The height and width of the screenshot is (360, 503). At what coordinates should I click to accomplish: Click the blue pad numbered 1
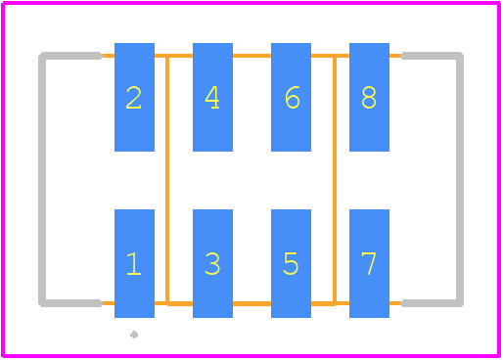(134, 263)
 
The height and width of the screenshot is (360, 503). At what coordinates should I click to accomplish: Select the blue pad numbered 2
(134, 97)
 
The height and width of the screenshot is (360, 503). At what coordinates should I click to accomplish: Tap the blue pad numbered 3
(212, 263)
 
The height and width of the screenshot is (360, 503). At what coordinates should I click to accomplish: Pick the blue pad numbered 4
(212, 97)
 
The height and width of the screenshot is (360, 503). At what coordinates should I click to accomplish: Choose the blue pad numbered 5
(291, 263)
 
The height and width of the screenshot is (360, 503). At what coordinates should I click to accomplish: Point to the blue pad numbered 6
(291, 97)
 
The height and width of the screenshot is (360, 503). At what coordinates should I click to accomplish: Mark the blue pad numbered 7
(369, 263)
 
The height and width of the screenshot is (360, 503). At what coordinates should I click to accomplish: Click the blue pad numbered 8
(369, 97)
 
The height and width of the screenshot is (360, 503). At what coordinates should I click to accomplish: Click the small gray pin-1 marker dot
(134, 335)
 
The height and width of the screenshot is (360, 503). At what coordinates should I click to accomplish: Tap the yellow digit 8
(369, 97)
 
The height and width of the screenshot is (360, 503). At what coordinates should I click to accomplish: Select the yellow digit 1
(134, 263)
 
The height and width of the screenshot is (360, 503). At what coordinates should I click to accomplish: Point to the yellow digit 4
(212, 97)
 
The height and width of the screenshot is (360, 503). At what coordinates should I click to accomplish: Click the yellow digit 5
(291, 263)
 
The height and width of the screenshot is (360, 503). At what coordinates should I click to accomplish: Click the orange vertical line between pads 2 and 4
(167, 180)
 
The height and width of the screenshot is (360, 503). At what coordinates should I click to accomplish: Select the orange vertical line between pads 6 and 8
(335, 180)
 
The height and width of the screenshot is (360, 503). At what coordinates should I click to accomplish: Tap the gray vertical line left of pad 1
(42, 180)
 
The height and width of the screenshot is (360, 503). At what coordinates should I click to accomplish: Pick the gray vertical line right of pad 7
(460, 180)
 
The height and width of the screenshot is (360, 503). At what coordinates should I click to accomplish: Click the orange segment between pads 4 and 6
(251, 56)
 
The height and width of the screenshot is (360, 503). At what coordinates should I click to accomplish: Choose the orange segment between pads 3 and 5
(251, 304)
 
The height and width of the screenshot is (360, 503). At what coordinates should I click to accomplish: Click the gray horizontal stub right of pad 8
(431, 56)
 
